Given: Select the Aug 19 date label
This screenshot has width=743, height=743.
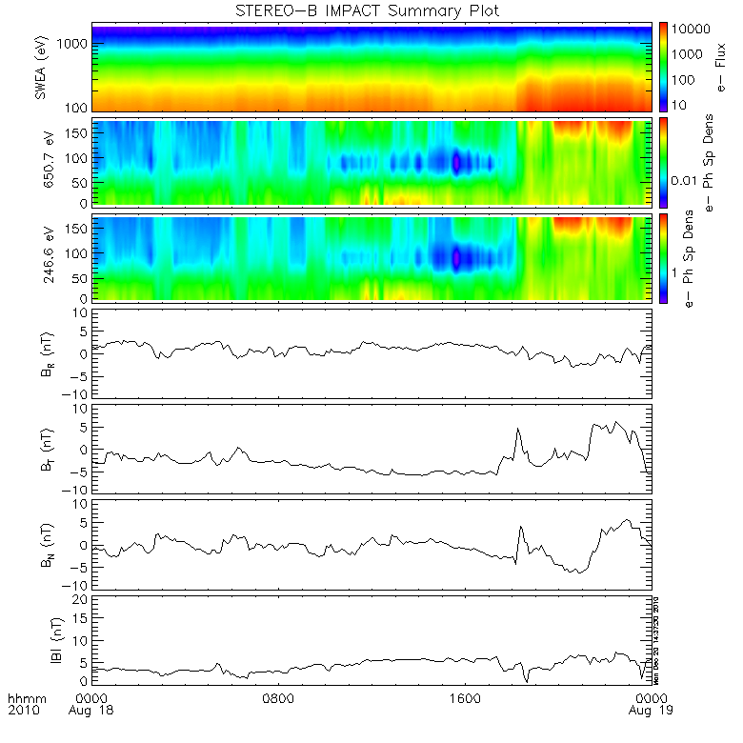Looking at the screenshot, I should [x=646, y=711].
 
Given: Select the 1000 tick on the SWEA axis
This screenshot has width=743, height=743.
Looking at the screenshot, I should [x=78, y=45].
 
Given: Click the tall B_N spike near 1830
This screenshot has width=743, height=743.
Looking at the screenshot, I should [x=520, y=527].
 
